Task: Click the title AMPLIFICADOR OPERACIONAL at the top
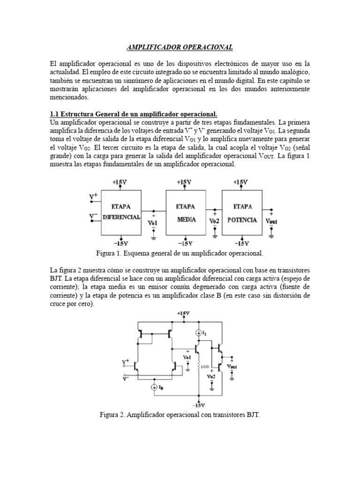(180, 47)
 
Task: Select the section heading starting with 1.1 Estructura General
(134, 114)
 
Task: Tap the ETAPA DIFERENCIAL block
(121, 212)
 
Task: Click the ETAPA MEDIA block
(186, 212)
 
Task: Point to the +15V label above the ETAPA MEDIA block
(184, 182)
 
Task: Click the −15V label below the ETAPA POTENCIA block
(241, 243)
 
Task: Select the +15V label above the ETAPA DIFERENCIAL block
(120, 182)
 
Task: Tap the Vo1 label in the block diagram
(153, 223)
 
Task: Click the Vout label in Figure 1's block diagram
(271, 221)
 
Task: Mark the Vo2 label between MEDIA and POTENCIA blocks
(215, 221)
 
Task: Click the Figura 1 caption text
(180, 253)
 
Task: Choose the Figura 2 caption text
(180, 415)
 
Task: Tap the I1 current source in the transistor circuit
(200, 333)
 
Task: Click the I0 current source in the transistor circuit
(155, 387)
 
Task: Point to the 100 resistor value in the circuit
(204, 367)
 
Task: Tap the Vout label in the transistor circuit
(232, 366)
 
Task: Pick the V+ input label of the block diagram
(94, 197)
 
